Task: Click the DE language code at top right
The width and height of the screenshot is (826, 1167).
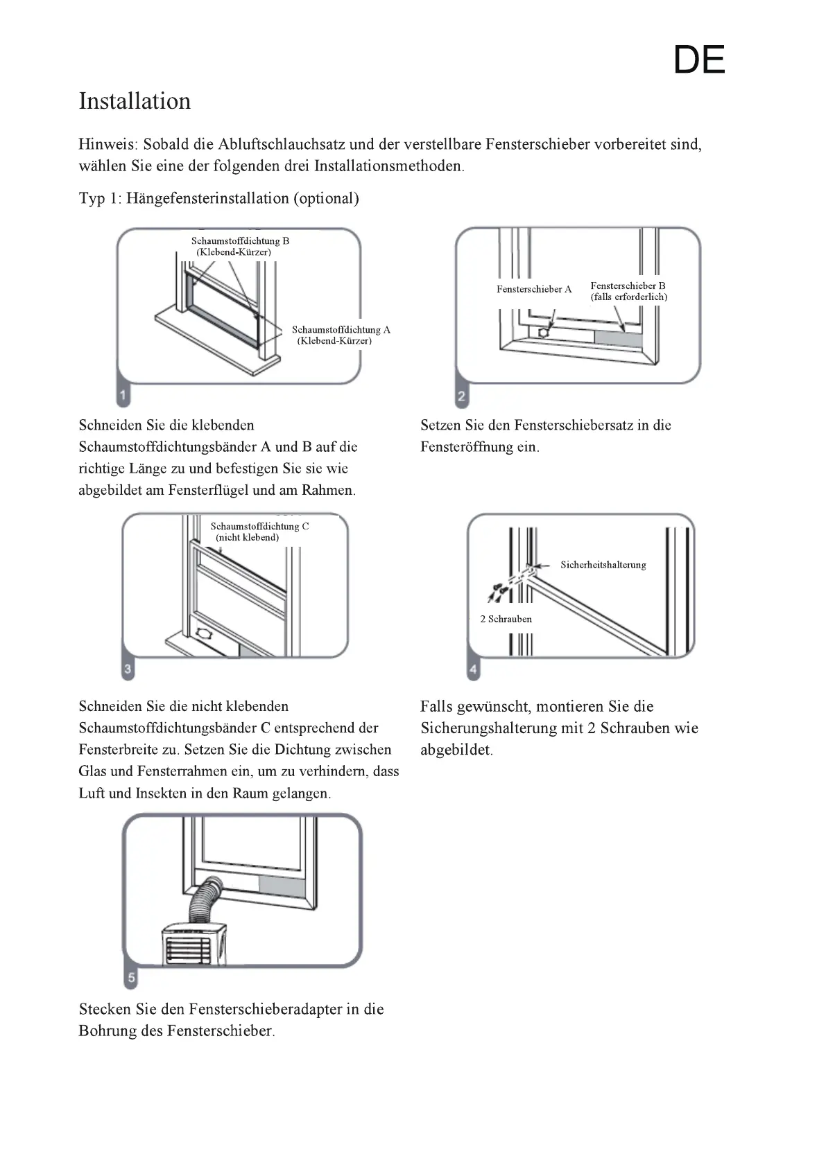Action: point(698,60)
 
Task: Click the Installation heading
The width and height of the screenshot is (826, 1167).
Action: point(135,101)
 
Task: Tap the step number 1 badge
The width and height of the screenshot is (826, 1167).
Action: point(123,396)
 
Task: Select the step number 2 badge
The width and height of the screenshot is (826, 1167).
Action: point(462,397)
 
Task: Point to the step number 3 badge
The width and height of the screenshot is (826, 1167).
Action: point(128,669)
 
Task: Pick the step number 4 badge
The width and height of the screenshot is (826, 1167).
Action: point(473,669)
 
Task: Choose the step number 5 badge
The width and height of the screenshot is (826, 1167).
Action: point(130,978)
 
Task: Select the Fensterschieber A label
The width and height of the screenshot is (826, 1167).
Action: point(534,289)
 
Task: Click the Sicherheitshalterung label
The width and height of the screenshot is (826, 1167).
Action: point(603,565)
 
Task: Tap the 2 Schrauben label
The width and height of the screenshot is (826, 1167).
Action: point(506,619)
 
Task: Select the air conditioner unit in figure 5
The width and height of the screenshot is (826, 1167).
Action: point(193,944)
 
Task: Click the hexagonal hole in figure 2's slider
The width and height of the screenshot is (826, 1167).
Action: point(544,332)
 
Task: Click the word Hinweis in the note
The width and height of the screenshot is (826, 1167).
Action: point(107,144)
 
